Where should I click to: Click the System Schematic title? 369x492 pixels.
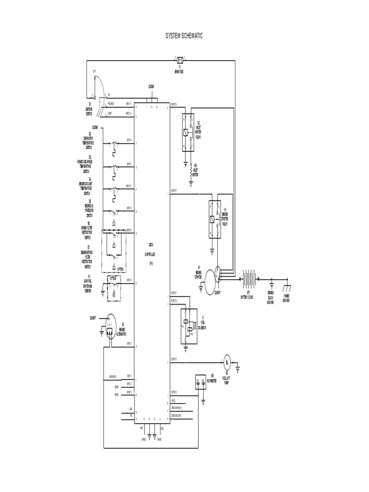(184, 36)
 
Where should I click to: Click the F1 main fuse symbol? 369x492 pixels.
(179, 61)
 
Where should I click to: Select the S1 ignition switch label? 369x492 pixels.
(89, 109)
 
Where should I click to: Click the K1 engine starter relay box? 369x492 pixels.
(214, 219)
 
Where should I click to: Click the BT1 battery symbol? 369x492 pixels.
(249, 278)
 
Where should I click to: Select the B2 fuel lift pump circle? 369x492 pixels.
(227, 362)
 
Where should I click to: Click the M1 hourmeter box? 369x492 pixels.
(200, 382)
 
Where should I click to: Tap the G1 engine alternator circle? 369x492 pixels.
(110, 323)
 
